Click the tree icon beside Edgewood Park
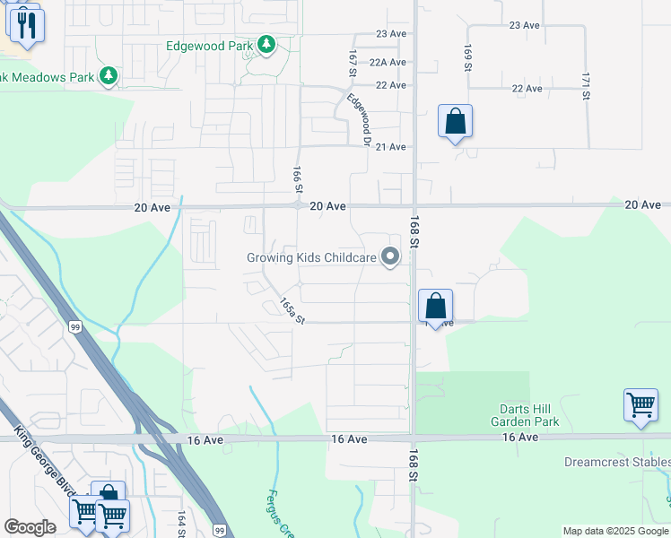266,44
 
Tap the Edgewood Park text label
209,45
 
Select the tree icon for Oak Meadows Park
109,77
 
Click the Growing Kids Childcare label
311,258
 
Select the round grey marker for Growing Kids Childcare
390,258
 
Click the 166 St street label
295,178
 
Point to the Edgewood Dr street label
359,120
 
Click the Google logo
30,527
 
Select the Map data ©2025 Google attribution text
614,531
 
